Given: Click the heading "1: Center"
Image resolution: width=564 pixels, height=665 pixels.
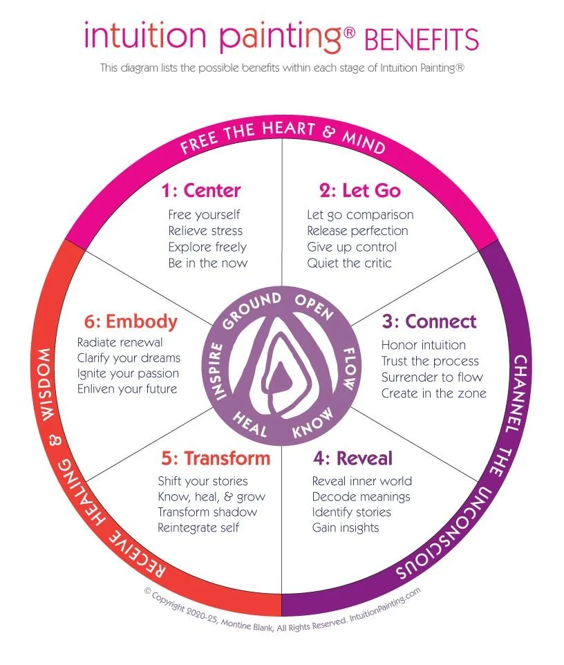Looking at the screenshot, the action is click(201, 189).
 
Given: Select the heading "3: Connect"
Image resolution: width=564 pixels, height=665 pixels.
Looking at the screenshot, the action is click(430, 321).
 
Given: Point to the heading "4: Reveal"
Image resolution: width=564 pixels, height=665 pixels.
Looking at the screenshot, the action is click(352, 458).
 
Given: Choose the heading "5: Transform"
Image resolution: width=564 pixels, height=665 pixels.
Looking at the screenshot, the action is click(216, 458).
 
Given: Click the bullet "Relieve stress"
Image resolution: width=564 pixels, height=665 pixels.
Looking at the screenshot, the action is click(205, 231).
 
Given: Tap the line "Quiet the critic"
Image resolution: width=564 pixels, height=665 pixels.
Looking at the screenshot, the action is click(349, 263).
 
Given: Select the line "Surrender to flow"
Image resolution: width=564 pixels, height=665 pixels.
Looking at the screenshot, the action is click(432, 377).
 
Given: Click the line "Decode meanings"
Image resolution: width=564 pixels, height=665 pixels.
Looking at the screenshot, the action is click(361, 497).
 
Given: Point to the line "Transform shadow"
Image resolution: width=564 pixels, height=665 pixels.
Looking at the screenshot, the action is click(207, 512).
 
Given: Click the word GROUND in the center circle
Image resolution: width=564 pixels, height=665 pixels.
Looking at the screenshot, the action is click(254, 308).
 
